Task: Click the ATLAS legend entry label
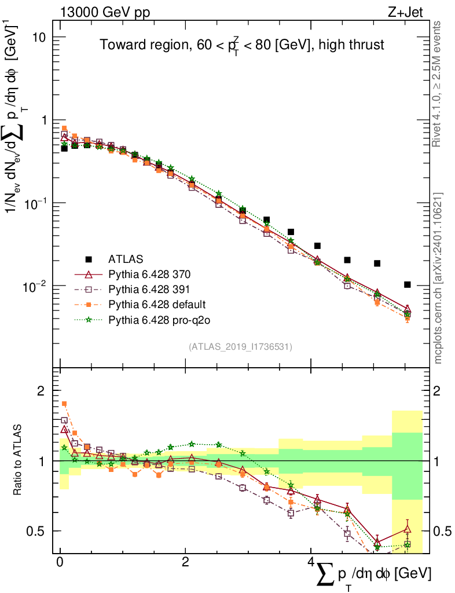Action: (x=126, y=258)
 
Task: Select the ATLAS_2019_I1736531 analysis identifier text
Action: (x=240, y=347)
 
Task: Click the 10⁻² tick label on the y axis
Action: (x=38, y=286)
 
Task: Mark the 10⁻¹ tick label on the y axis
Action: (x=38, y=203)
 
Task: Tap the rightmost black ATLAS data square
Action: (x=408, y=284)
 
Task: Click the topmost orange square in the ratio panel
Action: (x=64, y=404)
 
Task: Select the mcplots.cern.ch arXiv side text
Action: (x=439, y=278)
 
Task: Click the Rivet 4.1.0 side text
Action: (x=439, y=84)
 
